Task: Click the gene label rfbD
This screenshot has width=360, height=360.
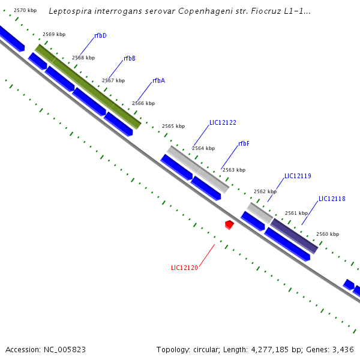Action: [x=100, y=36]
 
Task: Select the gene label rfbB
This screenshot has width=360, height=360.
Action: [x=130, y=59]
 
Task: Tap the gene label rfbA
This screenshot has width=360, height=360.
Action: [x=158, y=81]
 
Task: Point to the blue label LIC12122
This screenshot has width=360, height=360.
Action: [x=223, y=123]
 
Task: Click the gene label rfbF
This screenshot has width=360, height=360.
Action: [x=244, y=144]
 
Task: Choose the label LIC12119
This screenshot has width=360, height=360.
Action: [x=298, y=176]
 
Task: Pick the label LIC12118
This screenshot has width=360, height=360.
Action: [x=332, y=199]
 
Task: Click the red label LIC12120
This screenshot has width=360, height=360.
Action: [x=184, y=268]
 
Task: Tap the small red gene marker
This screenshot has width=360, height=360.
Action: [x=229, y=224]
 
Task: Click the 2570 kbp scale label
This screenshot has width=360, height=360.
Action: [x=25, y=11]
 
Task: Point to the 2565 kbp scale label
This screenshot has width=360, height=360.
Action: [x=173, y=127]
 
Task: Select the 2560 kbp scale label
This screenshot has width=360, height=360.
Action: [x=328, y=235]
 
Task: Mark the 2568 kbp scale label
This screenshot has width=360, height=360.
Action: [x=83, y=58]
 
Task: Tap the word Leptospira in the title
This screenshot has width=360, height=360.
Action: [x=69, y=11]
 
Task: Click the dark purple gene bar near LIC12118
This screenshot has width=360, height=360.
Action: [x=294, y=236]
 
